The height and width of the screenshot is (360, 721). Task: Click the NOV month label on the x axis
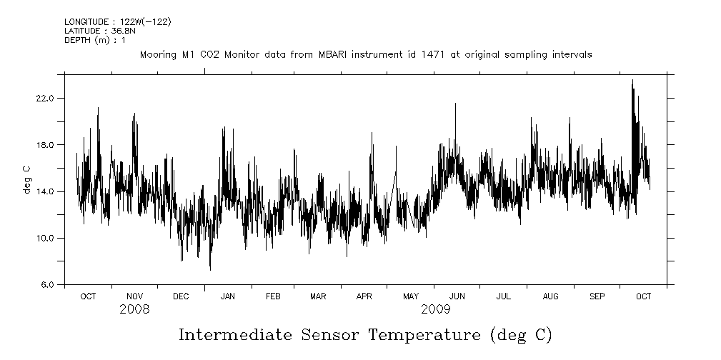click(134, 296)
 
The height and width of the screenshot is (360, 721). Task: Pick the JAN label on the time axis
click(228, 296)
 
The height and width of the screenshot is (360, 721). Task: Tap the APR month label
click(364, 296)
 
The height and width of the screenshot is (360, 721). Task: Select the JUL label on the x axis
click(503, 296)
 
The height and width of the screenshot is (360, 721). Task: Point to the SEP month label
click(597, 296)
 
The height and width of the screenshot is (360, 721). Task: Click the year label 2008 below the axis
click(134, 309)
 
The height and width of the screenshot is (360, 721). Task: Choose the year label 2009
click(435, 309)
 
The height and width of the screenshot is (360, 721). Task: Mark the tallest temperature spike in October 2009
click(632, 81)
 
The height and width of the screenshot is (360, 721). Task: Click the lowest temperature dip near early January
click(210, 269)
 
